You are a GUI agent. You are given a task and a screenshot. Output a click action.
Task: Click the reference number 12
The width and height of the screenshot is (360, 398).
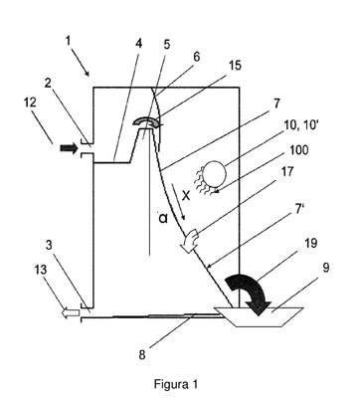pos(30,102)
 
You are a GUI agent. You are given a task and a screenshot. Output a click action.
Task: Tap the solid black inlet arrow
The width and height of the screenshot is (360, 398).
pos(69,148)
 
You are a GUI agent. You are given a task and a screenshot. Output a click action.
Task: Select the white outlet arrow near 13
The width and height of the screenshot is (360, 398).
pos(71,312)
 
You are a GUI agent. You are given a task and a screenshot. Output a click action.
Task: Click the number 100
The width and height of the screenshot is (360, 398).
pos(298,149)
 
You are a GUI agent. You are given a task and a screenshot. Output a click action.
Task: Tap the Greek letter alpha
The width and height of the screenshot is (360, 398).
pos(163,219)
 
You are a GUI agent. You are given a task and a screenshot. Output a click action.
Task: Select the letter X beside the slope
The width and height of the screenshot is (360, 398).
pos(186,196)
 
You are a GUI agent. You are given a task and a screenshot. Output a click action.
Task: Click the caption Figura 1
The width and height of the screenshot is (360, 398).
pos(176,384)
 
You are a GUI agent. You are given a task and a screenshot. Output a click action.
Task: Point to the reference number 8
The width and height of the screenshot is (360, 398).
pos(142,355)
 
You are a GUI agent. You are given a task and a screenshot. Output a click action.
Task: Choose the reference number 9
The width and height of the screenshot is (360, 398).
pos(326,268)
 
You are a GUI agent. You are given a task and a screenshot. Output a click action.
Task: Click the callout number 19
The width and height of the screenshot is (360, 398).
pos(310,243)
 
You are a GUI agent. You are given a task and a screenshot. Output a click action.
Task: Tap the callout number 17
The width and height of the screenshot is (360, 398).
pos(287,171)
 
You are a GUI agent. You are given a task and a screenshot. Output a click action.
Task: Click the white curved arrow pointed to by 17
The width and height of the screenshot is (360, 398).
pos(190,242)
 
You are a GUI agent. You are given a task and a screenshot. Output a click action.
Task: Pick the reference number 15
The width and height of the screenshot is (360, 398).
pos(235,66)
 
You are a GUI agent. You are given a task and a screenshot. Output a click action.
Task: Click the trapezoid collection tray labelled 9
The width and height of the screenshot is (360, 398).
pos(259,317)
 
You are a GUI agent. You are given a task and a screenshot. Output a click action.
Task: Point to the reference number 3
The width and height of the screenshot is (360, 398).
pos(49,246)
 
